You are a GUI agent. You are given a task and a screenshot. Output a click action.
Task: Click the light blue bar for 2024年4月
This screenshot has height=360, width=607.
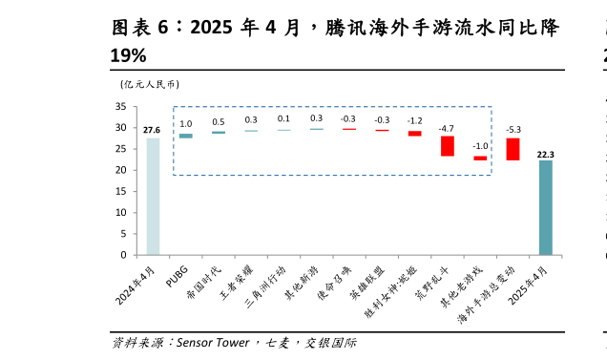(x=153, y=196)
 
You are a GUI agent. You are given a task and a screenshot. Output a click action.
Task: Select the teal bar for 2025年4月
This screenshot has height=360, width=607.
(x=545, y=207)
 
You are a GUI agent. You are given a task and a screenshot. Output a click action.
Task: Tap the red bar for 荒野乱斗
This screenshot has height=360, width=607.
(x=447, y=146)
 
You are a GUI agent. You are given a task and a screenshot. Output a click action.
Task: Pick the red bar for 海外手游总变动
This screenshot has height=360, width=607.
(x=513, y=149)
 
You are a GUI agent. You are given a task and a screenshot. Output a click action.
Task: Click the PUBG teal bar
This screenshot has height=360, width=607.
(x=186, y=136)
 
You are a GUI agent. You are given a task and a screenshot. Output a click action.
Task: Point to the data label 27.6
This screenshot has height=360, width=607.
(x=152, y=130)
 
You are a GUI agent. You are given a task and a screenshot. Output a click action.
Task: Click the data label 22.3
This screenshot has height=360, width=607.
(x=546, y=153)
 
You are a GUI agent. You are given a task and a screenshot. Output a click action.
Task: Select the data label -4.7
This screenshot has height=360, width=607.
(x=446, y=128)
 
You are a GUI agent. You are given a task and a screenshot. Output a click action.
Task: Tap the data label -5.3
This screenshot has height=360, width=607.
(x=513, y=129)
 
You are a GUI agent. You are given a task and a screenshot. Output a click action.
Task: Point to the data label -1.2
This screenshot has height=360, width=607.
(x=414, y=121)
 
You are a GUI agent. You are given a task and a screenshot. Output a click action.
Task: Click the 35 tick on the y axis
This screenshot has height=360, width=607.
(x=121, y=106)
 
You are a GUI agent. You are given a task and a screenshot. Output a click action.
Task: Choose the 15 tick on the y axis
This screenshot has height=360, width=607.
(x=121, y=191)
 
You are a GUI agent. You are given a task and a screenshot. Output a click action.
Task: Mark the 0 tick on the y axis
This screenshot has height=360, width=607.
(x=124, y=255)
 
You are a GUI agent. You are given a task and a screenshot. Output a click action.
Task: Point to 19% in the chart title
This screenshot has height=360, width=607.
(x=129, y=56)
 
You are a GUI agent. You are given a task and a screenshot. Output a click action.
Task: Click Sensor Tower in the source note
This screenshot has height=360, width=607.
(x=213, y=342)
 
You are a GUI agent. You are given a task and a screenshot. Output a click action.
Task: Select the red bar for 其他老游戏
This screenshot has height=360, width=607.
(x=480, y=158)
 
